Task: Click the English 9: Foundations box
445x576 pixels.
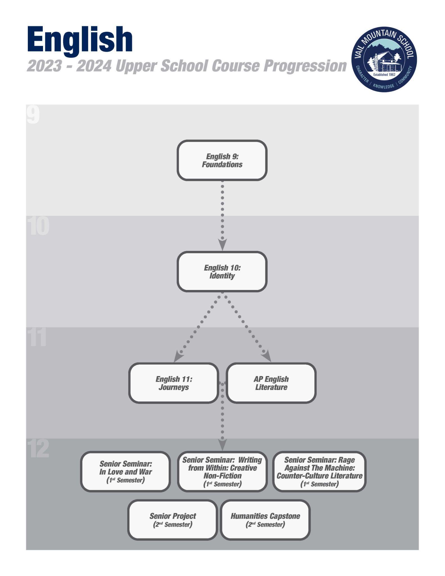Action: coord(222,160)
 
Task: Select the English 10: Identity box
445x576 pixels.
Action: coord(222,272)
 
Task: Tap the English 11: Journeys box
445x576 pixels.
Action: coord(174,383)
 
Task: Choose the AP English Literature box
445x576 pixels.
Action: coord(271,383)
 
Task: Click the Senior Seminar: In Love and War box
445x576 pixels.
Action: coord(125,472)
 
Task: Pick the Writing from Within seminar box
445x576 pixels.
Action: coord(222,472)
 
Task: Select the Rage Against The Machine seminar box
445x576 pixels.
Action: coord(319,472)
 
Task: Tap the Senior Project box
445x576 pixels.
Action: coord(173,520)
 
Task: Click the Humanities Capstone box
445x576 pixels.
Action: coord(265,520)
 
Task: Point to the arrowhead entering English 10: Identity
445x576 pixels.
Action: coord(222,244)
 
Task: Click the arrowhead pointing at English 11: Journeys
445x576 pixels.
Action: coord(178,356)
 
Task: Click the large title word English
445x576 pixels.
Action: coord(80,40)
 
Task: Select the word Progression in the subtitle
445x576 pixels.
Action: coord(305,66)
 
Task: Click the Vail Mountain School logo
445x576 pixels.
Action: coord(384,59)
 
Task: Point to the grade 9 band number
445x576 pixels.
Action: coord(33,115)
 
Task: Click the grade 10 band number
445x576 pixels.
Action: coord(38,226)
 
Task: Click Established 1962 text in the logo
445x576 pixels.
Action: coord(384,75)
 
